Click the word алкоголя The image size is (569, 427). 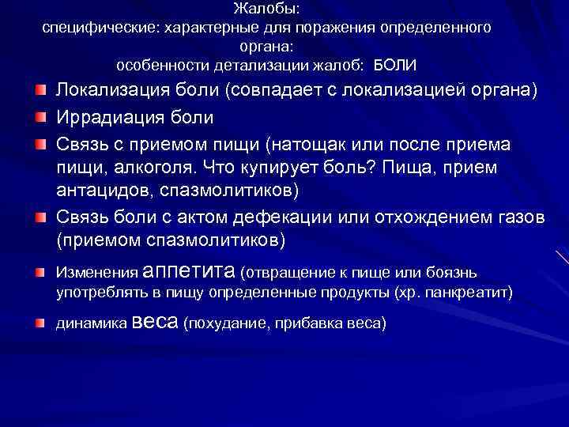(x=147, y=168)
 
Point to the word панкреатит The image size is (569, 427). (x=469, y=293)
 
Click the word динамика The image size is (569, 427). (x=85, y=324)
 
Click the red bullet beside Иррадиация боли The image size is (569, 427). (x=39, y=119)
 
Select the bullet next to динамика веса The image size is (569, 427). (x=39, y=323)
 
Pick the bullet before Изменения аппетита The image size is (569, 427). (x=39, y=272)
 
